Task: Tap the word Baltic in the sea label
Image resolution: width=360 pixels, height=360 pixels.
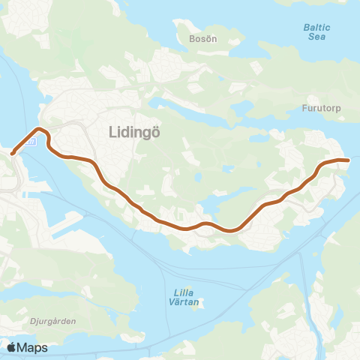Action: pos(316,26)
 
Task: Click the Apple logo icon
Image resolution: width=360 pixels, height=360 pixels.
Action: pos(11,347)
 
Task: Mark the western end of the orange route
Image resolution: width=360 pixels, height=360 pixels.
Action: pos(12,154)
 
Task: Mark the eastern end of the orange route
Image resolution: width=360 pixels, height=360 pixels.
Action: pos(348,160)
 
